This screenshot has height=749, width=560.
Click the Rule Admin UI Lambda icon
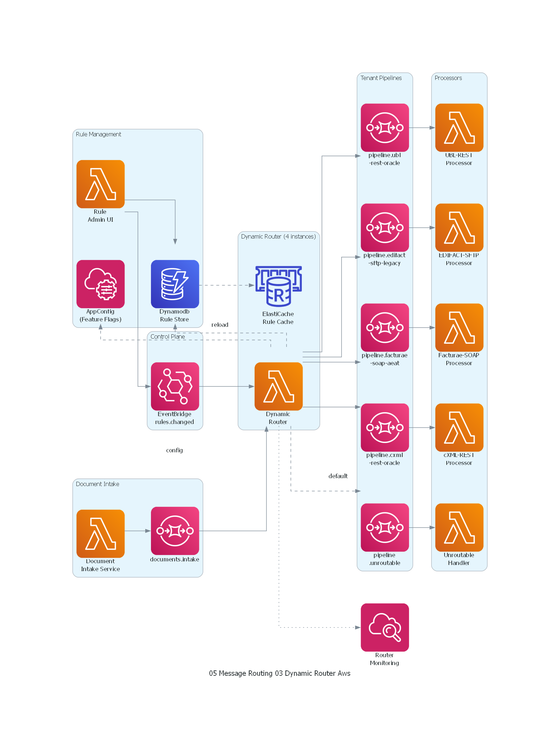pyautogui.click(x=100, y=184)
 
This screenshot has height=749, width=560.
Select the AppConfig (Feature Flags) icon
pyautogui.click(x=100, y=284)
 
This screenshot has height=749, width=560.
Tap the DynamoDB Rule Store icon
pyautogui.click(x=175, y=284)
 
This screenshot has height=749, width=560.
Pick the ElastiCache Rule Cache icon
pyautogui.click(x=278, y=286)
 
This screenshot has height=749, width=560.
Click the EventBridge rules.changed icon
pyautogui.click(x=175, y=386)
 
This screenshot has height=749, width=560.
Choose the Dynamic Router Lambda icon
pyautogui.click(x=278, y=386)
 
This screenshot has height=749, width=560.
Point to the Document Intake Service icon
pyautogui.click(x=100, y=533)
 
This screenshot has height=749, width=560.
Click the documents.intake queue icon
pyautogui.click(x=175, y=531)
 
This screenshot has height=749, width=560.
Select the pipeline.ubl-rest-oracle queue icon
pyautogui.click(x=385, y=127)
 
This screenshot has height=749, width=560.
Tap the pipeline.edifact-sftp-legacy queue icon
pyautogui.click(x=385, y=227)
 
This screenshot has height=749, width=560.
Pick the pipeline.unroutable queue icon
pyautogui.click(x=385, y=527)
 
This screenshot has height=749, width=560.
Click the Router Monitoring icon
pyautogui.click(x=385, y=627)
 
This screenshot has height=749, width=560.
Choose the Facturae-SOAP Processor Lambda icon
pyautogui.click(x=459, y=327)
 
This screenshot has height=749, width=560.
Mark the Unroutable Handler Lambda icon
pyautogui.click(x=459, y=527)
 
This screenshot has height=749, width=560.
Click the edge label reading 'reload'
pyautogui.click(x=220, y=325)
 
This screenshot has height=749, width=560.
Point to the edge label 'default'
pyautogui.click(x=338, y=476)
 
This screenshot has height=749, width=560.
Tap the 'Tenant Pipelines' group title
pyautogui.click(x=381, y=78)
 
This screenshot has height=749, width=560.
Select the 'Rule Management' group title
pyautogui.click(x=98, y=134)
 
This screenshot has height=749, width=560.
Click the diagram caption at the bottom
pyautogui.click(x=280, y=673)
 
